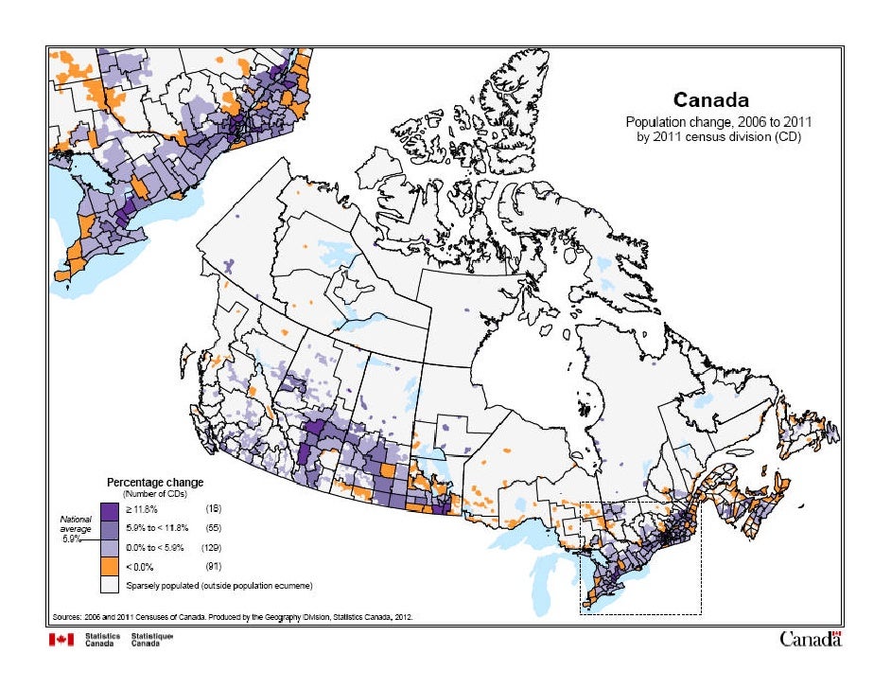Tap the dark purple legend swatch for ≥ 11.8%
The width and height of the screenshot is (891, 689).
click(x=111, y=509)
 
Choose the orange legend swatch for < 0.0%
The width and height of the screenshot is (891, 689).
click(x=111, y=566)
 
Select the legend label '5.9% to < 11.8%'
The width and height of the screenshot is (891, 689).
click(x=158, y=528)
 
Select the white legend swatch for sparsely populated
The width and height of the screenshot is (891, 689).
click(x=111, y=586)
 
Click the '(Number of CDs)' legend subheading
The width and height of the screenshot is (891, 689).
click(x=154, y=494)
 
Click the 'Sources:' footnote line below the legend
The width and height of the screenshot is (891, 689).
click(x=232, y=614)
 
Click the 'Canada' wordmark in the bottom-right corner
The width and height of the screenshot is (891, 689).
click(x=810, y=640)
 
